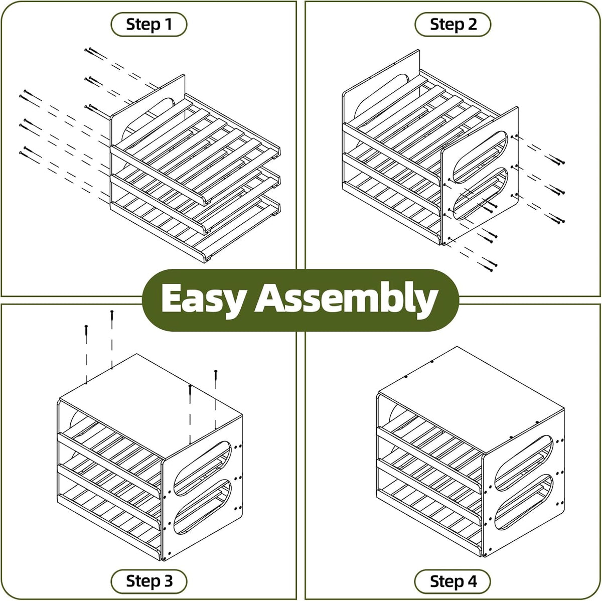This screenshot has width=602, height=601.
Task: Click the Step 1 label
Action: point(148,25)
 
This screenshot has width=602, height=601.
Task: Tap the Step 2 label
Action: point(453,25)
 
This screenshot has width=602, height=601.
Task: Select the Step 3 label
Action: point(148,581)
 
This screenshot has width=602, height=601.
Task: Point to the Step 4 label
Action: point(453,581)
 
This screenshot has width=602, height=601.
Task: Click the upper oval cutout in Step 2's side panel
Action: point(480,157)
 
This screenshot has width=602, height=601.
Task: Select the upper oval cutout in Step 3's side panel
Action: point(202,469)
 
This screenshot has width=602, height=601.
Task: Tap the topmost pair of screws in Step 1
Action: point(96,54)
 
